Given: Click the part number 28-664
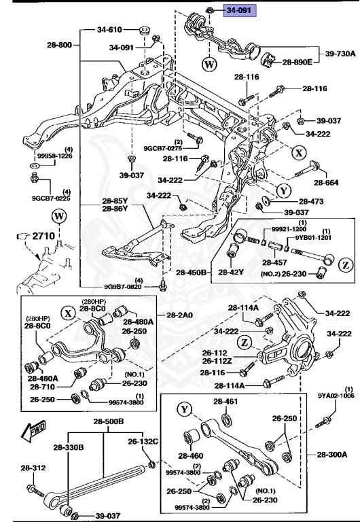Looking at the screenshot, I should coord(326,181).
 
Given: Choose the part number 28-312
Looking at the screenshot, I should coord(33,468).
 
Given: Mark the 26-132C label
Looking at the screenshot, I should coord(145,442).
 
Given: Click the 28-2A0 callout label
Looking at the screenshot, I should coord(180,315).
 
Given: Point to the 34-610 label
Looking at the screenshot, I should coord(109,30).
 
